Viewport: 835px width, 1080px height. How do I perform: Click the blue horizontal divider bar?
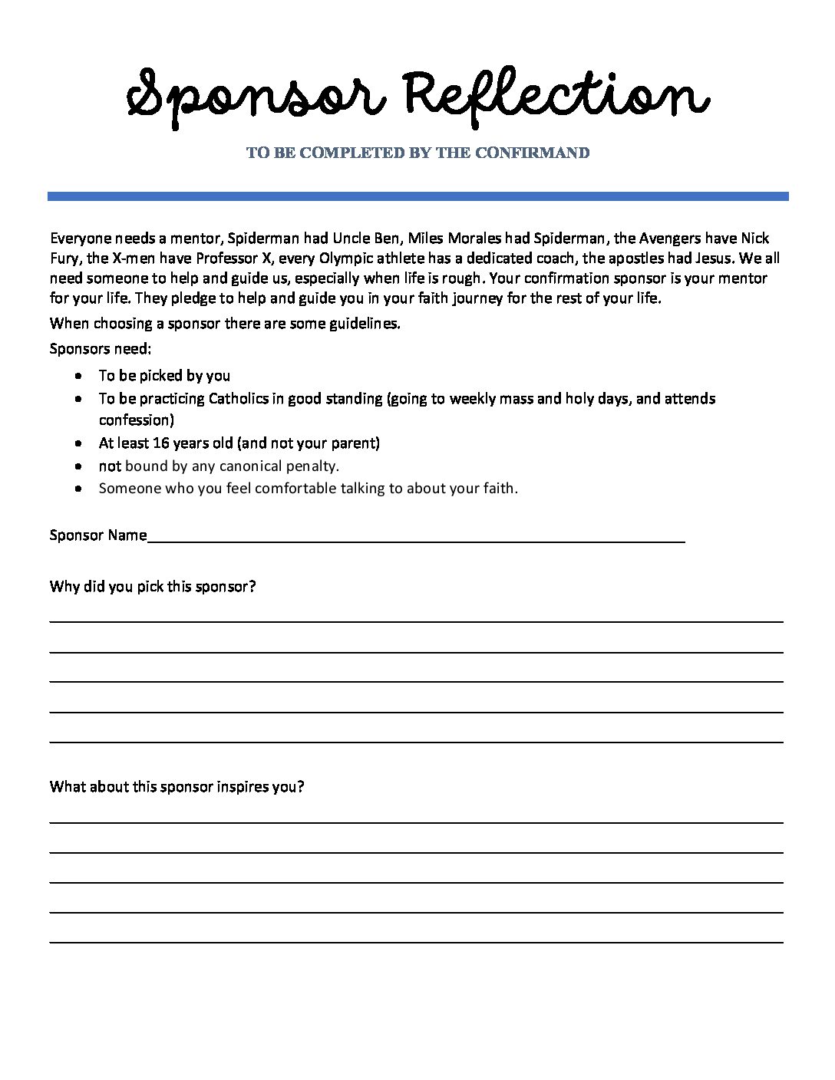[417, 196]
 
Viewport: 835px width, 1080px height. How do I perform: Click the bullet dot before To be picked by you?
[80, 377]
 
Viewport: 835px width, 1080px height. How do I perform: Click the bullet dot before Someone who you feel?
[80, 489]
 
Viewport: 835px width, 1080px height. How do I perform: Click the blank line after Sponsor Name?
[414, 541]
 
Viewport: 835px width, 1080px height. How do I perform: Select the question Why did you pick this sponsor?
[152, 587]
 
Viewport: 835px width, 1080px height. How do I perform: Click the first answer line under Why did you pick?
[416, 620]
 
